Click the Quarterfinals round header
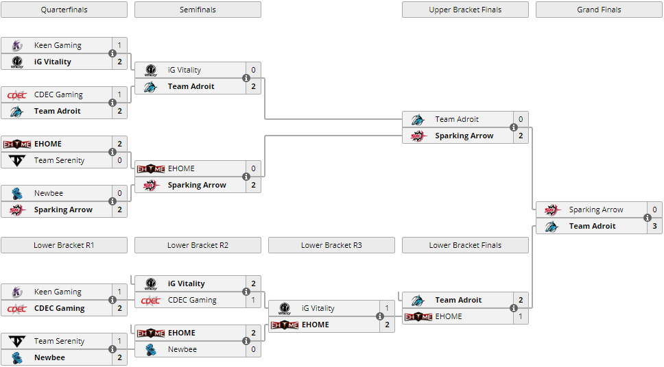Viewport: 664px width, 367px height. click(x=64, y=10)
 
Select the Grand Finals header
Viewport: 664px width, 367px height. click(x=599, y=10)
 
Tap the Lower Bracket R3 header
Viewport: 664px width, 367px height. click(x=331, y=245)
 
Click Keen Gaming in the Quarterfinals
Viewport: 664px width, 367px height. click(x=58, y=45)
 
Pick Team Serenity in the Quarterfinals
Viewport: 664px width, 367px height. click(x=59, y=160)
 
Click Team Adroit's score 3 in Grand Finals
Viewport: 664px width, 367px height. click(x=654, y=226)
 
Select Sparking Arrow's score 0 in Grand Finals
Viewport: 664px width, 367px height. click(x=654, y=210)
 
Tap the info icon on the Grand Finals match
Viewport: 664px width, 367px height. click(x=648, y=218)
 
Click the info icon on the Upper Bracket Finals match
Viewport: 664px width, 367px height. click(x=514, y=127)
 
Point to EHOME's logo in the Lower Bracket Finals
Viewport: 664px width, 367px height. click(x=418, y=316)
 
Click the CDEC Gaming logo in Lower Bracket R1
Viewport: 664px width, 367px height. click(x=16, y=308)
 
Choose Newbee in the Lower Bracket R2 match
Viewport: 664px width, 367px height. click(x=182, y=349)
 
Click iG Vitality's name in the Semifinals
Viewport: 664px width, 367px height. click(x=184, y=70)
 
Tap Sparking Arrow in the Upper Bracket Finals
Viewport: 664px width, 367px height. click(x=464, y=136)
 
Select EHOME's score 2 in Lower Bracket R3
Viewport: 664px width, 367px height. click(x=387, y=325)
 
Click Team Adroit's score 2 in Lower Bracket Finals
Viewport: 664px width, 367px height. click(x=521, y=300)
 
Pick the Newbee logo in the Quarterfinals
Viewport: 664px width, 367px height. click(x=16, y=193)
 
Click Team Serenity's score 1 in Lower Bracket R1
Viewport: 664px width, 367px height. click(x=119, y=341)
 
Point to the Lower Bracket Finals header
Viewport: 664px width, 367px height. click(x=465, y=245)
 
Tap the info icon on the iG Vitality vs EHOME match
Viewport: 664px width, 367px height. click(x=380, y=316)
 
